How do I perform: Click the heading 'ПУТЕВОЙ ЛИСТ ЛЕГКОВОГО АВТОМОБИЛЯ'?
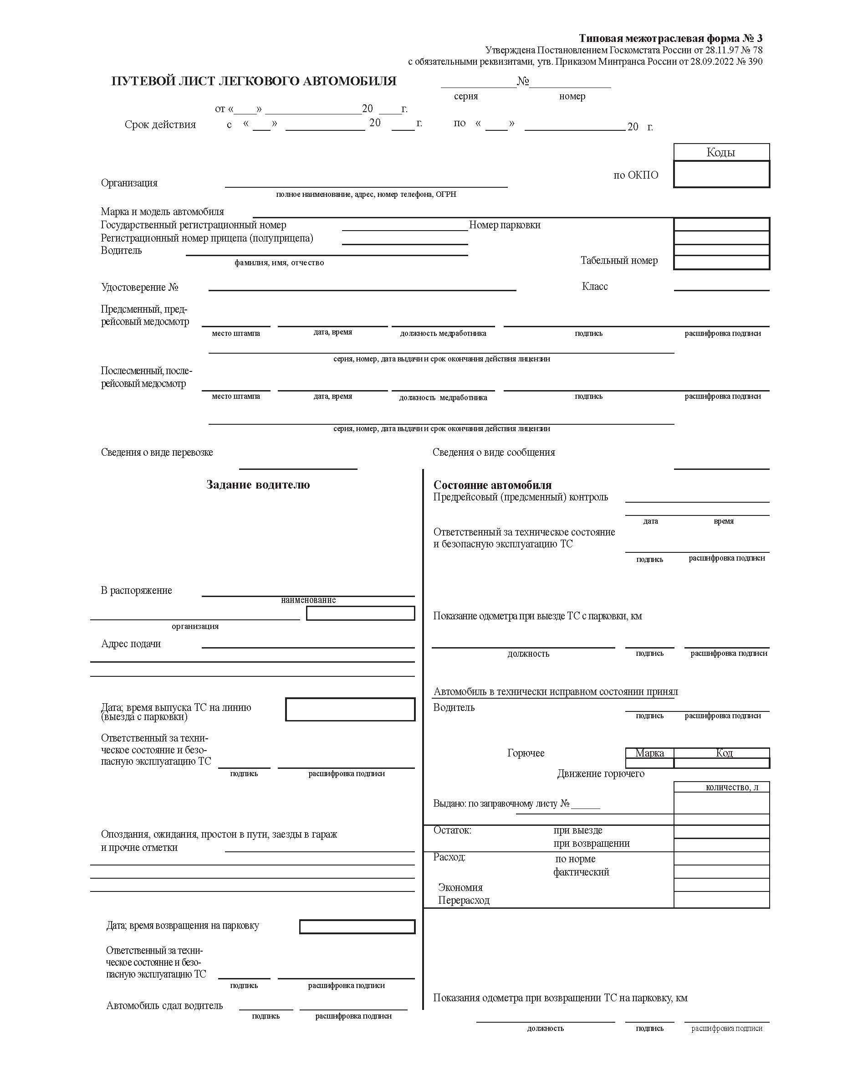tap(254, 81)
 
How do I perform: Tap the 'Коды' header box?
tap(721, 152)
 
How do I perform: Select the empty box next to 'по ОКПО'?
tap(721, 174)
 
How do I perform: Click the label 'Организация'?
tap(129, 183)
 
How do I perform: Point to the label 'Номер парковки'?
tap(505, 225)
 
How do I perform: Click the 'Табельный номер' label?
tap(619, 261)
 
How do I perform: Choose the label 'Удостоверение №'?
tap(140, 288)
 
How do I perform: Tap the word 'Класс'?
tap(595, 287)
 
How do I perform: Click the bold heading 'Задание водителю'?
tap(258, 485)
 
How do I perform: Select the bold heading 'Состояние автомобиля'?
tap(492, 485)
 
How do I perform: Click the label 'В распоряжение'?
tap(136, 591)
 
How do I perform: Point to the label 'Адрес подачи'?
tap(131, 644)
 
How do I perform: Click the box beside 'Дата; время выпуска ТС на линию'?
tap(350, 709)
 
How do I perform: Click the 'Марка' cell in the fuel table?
tap(649, 753)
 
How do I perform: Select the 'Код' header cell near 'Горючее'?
tap(724, 753)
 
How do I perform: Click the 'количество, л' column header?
tap(732, 787)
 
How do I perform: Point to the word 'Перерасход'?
tap(464, 901)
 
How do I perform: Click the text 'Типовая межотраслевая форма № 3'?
tap(670, 38)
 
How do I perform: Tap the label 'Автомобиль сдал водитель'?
tap(164, 1005)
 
